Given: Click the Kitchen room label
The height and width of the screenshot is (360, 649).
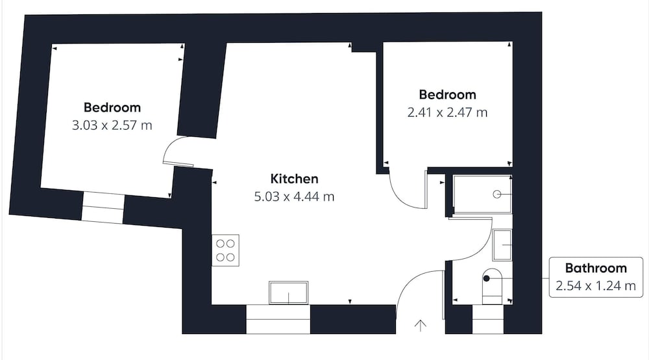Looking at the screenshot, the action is [x=294, y=179].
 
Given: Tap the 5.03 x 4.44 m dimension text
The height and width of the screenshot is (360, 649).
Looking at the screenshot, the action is [x=294, y=197].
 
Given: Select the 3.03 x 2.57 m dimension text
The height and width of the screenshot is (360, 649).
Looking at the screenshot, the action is [x=112, y=125].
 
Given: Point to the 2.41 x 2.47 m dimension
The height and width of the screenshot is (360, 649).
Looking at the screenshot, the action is [x=447, y=112].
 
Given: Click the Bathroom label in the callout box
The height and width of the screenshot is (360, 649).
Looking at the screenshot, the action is [x=596, y=268].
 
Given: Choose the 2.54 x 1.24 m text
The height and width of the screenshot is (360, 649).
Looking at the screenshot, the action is [x=596, y=286].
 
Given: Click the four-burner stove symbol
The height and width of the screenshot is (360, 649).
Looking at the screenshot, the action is [x=226, y=250].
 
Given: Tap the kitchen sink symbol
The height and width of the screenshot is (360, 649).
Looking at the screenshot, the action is [x=289, y=293].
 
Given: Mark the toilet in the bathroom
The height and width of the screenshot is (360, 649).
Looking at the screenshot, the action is [x=492, y=286].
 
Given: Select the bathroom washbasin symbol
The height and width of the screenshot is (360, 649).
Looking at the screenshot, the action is [x=502, y=245].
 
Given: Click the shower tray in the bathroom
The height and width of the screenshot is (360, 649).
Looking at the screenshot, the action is [x=482, y=194].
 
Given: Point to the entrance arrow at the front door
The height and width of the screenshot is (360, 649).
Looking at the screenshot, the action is [x=421, y=326].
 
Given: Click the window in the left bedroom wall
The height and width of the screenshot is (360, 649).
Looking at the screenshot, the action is [x=103, y=208].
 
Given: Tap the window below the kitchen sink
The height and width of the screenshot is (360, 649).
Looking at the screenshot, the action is [x=278, y=319].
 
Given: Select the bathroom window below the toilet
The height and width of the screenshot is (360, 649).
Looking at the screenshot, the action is [x=488, y=319].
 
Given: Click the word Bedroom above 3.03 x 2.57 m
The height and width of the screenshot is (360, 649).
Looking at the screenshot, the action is [x=112, y=108].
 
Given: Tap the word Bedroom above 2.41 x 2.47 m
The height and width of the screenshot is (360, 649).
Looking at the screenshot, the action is [x=447, y=95].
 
